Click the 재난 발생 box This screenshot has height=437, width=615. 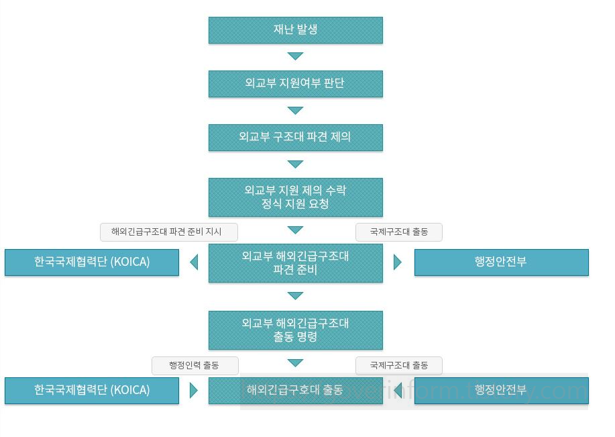click(x=295, y=30)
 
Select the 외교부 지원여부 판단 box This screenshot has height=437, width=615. click(x=295, y=84)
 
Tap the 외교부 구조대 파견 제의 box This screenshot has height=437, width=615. click(x=295, y=138)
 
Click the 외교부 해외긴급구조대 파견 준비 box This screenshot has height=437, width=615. click(x=295, y=263)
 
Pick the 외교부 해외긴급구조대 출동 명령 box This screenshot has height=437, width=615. click(x=295, y=330)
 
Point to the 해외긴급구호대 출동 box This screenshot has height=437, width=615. click(x=295, y=391)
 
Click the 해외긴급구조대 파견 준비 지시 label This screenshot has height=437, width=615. click(x=169, y=232)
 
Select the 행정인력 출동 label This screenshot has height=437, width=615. click(x=195, y=366)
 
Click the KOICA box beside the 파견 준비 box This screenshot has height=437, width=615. click(x=92, y=262)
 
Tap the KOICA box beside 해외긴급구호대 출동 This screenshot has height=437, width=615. click(x=92, y=391)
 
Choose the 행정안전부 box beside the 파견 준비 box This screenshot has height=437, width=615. click(x=501, y=262)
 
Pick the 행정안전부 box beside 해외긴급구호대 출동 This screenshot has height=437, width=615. click(x=501, y=391)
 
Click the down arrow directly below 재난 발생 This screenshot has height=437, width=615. click(x=295, y=56)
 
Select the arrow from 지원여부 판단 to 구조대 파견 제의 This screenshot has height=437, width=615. click(x=295, y=110)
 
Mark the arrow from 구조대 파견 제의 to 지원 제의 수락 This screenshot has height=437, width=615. click(x=295, y=164)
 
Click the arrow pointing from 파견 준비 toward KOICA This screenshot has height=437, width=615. click(x=194, y=262)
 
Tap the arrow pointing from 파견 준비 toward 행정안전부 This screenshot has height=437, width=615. click(x=397, y=262)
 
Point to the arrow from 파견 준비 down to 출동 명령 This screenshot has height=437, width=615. click(x=295, y=295)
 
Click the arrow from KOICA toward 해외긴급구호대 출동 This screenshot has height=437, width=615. click(x=194, y=391)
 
